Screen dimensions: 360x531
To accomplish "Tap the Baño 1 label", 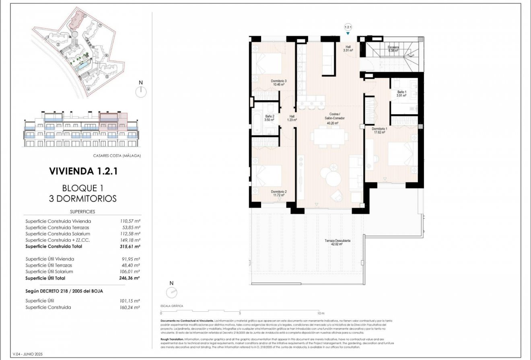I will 402,94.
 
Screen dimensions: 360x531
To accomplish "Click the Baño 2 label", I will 269,118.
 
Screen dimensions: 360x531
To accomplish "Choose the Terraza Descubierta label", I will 338,242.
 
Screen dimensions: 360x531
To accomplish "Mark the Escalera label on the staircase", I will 393,49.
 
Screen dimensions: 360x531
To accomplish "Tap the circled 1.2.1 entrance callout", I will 348,27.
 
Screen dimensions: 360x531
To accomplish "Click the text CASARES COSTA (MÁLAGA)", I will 119,156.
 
